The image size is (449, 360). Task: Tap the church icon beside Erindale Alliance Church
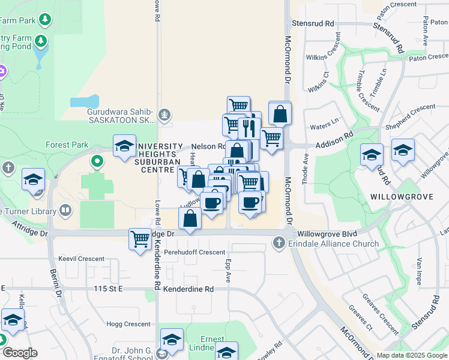pyautogui.click(x=278, y=243)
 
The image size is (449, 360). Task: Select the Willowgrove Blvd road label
pyautogui.click(x=327, y=233)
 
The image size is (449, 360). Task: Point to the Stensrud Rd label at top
pyautogui.click(x=313, y=23)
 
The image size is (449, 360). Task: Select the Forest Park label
pyautogui.click(x=67, y=145)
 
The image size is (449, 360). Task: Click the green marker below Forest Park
pyautogui.click(x=97, y=161)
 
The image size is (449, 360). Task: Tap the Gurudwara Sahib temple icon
pyautogui.click(x=163, y=114)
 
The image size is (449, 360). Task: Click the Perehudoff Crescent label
pyautogui.click(x=194, y=253)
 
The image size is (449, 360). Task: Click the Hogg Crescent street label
pyautogui.click(x=128, y=324)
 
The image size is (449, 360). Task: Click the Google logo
pyautogui.click(x=19, y=353)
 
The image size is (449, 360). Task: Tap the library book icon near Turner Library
pyautogui.click(x=65, y=211)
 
